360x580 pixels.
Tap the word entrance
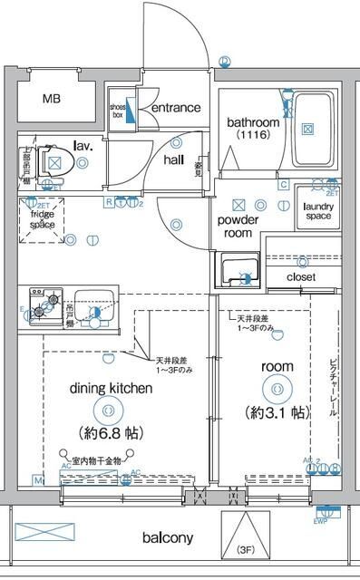175,108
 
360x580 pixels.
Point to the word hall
174,159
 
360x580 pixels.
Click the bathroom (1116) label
248,127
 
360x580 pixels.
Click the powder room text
238,226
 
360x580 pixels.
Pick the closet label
300,276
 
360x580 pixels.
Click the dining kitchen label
110,388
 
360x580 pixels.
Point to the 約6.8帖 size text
110,431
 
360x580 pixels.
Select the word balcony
168,537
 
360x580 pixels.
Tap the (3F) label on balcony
246,550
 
